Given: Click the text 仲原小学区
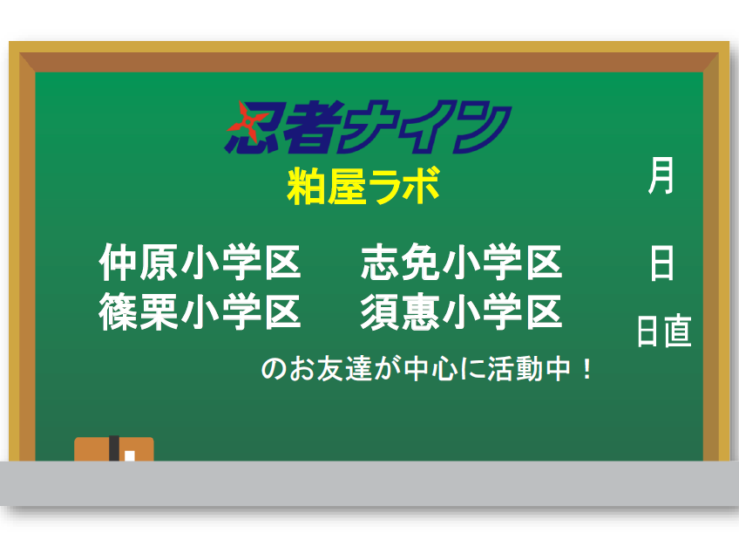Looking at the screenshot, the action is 200,262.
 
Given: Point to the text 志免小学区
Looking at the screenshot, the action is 461,262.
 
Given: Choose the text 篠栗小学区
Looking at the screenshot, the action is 200,311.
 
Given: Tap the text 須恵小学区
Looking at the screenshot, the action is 461,311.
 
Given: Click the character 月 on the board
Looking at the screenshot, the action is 661,175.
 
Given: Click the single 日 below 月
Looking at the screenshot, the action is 661,263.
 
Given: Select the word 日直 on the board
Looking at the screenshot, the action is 664,332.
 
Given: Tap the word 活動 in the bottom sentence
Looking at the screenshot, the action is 516,369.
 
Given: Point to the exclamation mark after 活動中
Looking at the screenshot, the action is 586,370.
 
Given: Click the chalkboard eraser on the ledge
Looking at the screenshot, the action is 114,448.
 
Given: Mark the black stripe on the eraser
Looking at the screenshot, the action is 114,448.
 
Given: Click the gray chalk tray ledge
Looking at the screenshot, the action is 369,483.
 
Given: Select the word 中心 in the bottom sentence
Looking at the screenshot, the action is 431,369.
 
